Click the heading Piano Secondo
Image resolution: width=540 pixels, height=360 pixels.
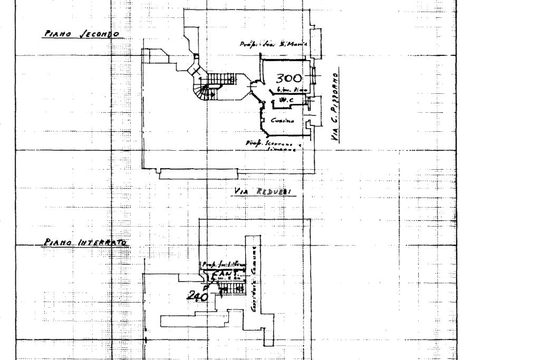82,34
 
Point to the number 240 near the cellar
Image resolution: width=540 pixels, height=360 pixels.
198,296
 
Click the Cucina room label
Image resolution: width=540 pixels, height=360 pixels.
281,121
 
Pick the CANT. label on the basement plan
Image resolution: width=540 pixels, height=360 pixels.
225,274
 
